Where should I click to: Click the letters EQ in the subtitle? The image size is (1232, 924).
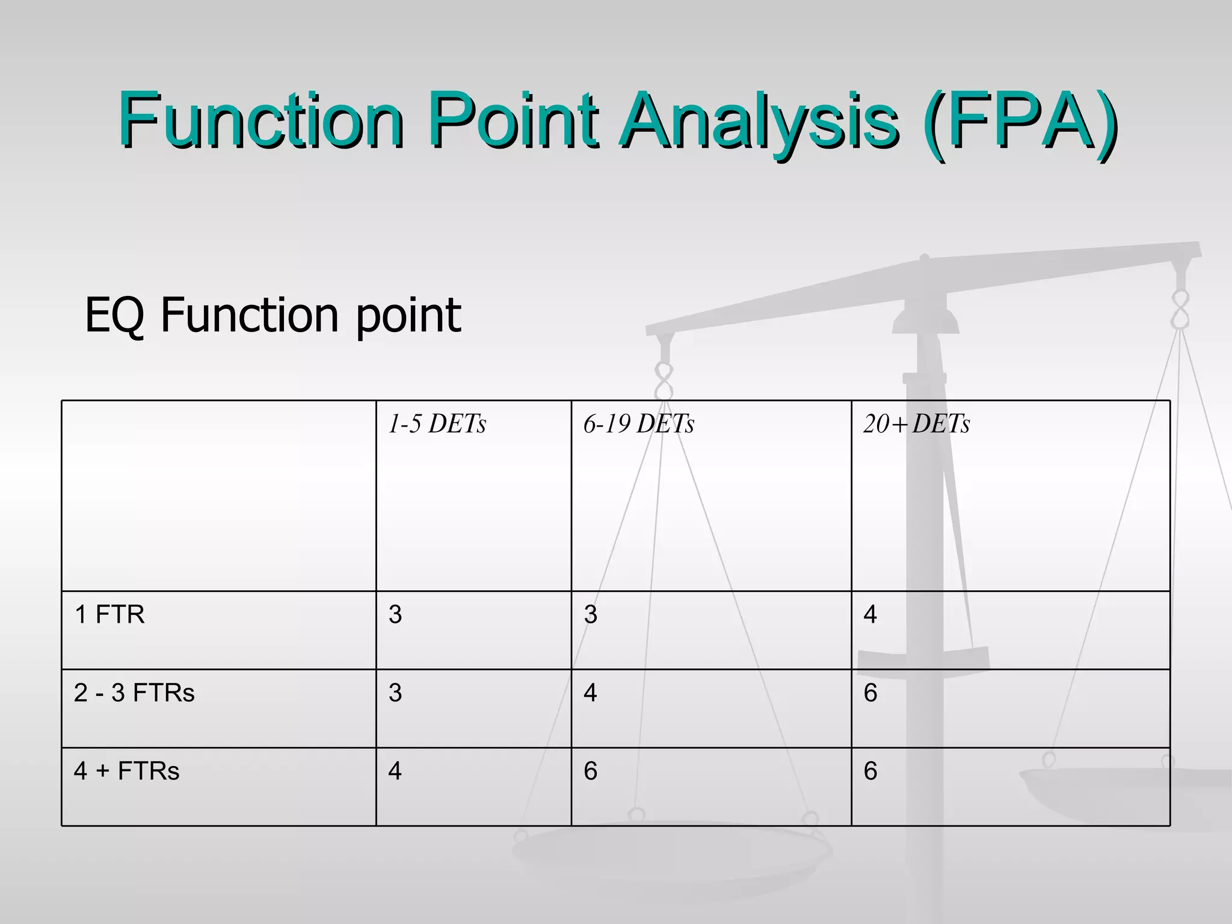tap(114, 315)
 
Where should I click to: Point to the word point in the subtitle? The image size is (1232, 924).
tap(408, 316)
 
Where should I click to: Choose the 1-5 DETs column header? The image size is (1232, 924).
tap(437, 424)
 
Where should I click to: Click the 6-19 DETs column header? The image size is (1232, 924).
tap(638, 424)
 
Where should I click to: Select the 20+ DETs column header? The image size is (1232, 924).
tap(916, 424)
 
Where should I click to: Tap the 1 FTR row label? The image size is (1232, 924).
tap(109, 614)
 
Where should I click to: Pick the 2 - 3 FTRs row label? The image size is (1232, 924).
tap(134, 692)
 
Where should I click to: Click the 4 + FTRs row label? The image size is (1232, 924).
tap(126, 771)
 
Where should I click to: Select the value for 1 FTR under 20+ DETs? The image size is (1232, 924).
tap(870, 614)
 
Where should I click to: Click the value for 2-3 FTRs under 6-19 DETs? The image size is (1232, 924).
tap(590, 692)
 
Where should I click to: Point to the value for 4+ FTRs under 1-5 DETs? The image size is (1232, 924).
tap(395, 771)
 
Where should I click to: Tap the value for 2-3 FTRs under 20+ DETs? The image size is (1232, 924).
tap(870, 692)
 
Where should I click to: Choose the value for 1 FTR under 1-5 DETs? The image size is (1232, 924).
tap(395, 614)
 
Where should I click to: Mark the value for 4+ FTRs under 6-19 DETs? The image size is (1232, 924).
tap(590, 771)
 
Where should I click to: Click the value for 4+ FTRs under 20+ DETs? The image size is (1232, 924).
tap(870, 771)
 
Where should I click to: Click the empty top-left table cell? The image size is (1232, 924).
tap(218, 495)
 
